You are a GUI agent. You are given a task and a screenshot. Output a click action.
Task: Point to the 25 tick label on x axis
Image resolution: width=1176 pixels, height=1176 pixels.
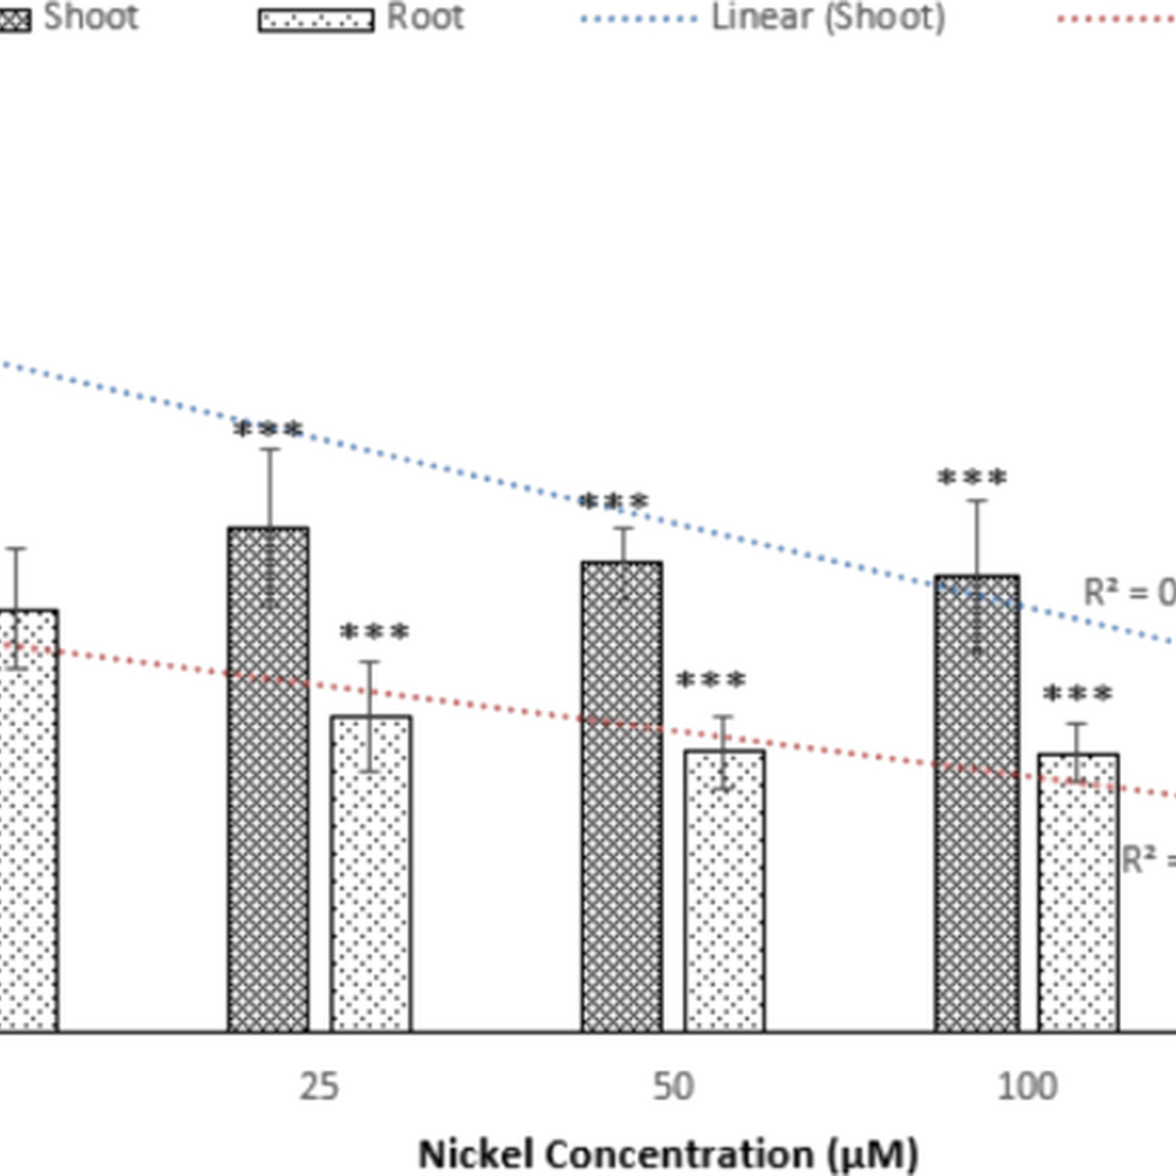coord(319,1087)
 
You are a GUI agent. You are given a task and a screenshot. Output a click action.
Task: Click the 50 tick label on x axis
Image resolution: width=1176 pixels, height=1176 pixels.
coord(673,1087)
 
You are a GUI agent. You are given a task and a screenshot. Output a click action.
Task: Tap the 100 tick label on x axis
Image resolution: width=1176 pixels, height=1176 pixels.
coord(1027,1087)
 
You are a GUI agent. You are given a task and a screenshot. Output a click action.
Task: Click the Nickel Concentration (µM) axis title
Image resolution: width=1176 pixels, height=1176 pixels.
coord(668,1153)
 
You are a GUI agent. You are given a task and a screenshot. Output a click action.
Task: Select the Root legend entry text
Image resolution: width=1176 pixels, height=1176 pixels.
coord(424,18)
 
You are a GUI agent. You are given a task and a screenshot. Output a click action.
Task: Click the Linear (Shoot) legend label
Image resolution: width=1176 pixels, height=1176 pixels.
coord(828,18)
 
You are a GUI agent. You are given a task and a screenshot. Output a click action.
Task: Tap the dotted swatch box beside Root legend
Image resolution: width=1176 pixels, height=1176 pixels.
coord(316,21)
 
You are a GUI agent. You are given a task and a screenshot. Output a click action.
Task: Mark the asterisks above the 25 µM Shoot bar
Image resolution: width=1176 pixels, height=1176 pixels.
coord(269,430)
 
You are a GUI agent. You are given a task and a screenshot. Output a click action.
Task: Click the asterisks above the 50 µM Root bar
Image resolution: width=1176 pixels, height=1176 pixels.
coord(711,680)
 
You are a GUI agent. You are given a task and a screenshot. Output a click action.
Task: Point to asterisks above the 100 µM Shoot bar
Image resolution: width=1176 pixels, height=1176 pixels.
coord(972,479)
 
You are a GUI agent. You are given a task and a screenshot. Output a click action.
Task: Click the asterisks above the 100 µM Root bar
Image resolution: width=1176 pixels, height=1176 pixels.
coord(1078,695)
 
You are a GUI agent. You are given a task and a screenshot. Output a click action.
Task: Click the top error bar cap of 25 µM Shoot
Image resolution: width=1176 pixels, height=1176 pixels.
coord(269,449)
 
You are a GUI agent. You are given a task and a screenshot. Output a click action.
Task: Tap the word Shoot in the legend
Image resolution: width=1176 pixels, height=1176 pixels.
coord(90,18)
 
